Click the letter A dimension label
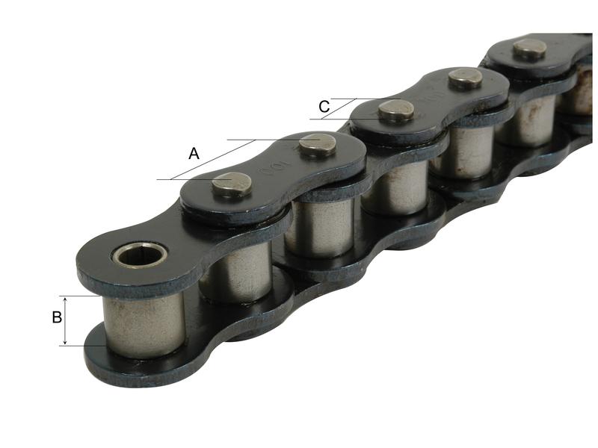click(194, 154)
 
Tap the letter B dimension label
click(57, 318)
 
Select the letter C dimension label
click(324, 108)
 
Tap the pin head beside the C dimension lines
click(395, 111)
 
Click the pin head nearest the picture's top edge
click(530, 48)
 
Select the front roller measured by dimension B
click(144, 322)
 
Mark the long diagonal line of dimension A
click(213, 159)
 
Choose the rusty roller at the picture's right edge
click(580, 90)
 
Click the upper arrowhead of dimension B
click(66, 299)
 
